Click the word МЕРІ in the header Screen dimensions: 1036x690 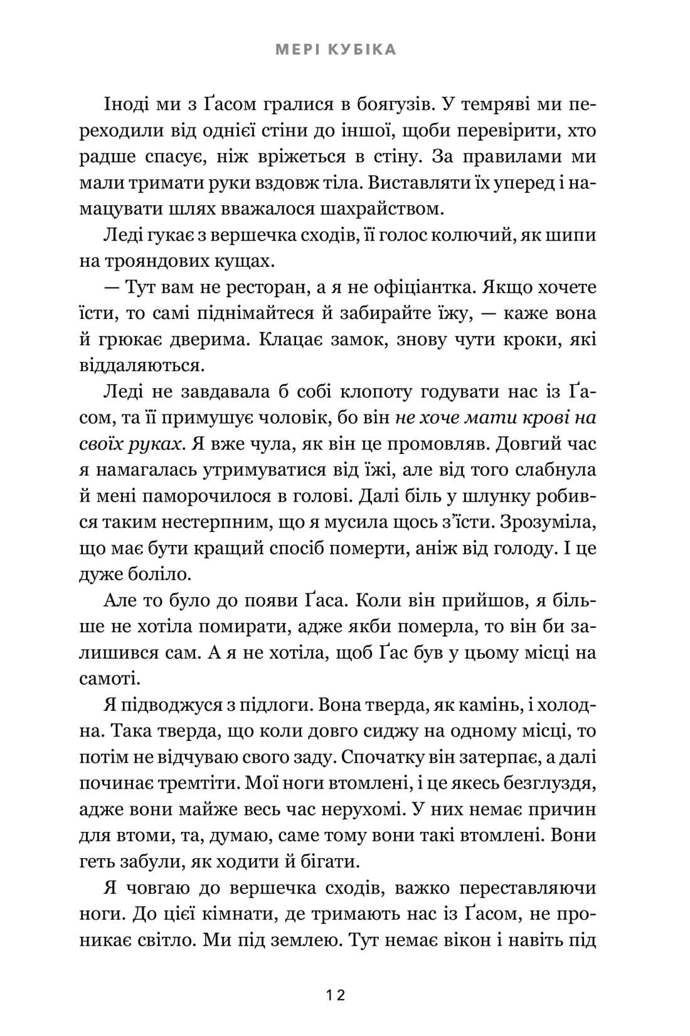point(297,50)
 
